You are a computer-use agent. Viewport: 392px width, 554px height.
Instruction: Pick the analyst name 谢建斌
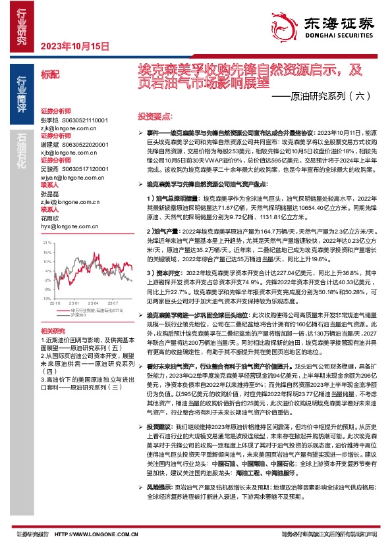point(50,143)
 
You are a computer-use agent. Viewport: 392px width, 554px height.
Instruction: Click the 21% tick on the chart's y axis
point(47,243)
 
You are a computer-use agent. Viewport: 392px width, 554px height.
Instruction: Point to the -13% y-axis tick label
point(46,298)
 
